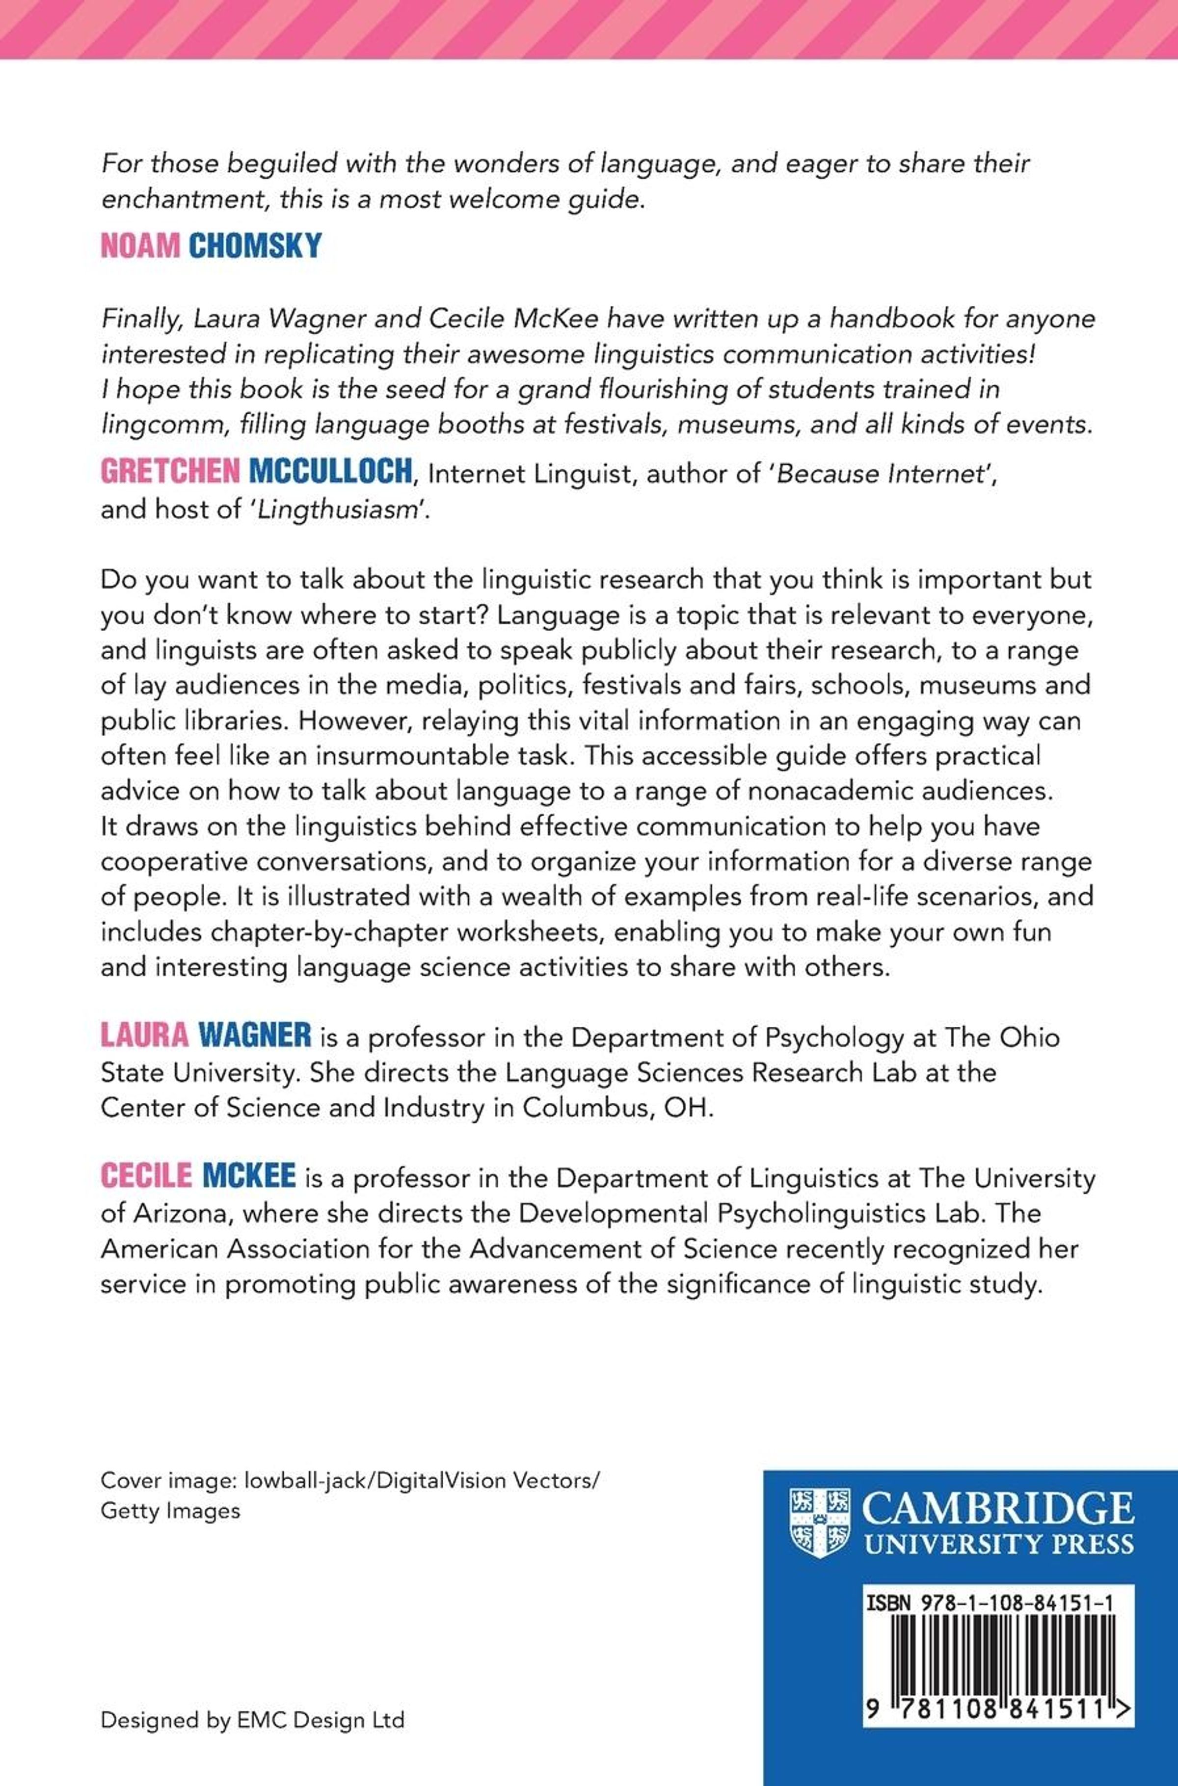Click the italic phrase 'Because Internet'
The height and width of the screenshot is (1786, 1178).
click(880, 474)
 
